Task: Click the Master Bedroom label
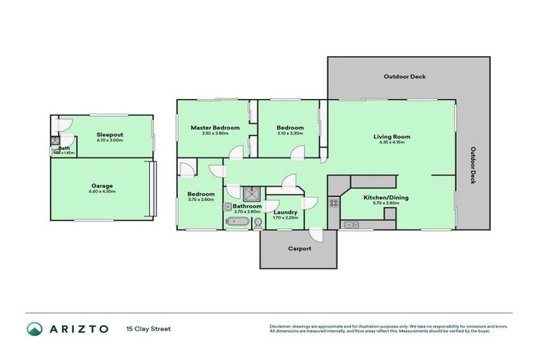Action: tap(216, 128)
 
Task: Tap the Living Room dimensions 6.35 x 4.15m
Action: tap(392, 143)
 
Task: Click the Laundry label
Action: tap(285, 212)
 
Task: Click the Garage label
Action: tap(102, 186)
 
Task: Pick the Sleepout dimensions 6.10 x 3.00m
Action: tap(110, 140)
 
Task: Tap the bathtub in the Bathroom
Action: tap(237, 222)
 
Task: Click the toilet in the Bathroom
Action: tap(257, 223)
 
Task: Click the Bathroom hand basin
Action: tap(229, 207)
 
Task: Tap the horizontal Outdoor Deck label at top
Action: tap(404, 77)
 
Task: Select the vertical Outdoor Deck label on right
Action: tap(473, 165)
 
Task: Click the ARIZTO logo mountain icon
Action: tap(34, 328)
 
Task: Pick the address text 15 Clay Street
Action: tap(148, 328)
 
